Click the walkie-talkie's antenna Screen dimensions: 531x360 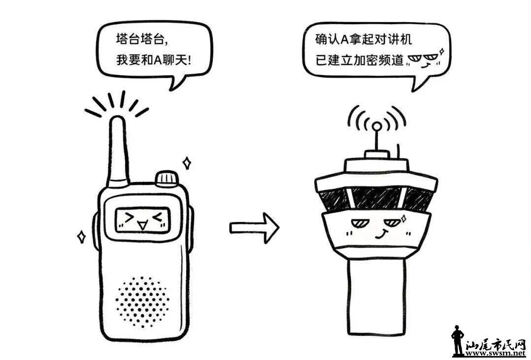coord(118,151)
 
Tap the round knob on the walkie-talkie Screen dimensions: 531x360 coord(166,178)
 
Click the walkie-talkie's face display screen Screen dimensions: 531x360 coord(142,220)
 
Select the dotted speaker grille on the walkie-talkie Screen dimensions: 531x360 coord(142,302)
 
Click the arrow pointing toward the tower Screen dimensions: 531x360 coord(254,228)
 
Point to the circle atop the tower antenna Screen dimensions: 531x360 coord(376,127)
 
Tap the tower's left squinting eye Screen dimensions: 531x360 coord(359,224)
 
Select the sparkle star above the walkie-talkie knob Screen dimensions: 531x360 coord(186,164)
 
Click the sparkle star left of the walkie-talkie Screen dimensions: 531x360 coord(81,237)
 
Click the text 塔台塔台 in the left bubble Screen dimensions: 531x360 coord(141,39)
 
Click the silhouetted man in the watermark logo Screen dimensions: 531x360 coord(457,340)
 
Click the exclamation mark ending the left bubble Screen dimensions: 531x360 coord(189,61)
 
